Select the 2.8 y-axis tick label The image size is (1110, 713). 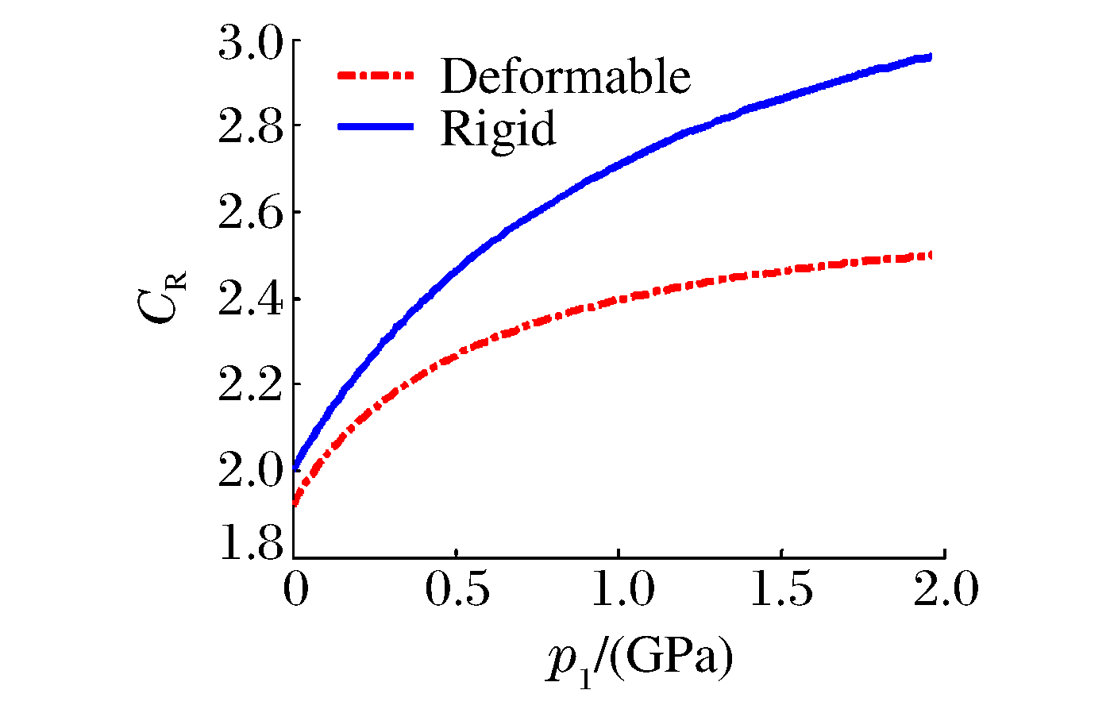pos(250,127)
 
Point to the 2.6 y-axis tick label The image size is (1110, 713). pos(250,213)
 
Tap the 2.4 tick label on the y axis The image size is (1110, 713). pos(250,299)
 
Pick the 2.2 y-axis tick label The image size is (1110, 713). pos(250,385)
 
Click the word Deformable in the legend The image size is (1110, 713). pos(565,76)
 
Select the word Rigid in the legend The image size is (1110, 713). pos(498,128)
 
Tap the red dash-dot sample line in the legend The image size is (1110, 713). pos(376,76)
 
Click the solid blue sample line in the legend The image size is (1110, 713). pos(376,126)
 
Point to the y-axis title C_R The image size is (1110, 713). pos(165,298)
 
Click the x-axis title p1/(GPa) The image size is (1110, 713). pos(639,661)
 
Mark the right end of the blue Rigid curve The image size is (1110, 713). pos(929,57)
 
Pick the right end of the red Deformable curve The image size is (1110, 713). pos(929,255)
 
